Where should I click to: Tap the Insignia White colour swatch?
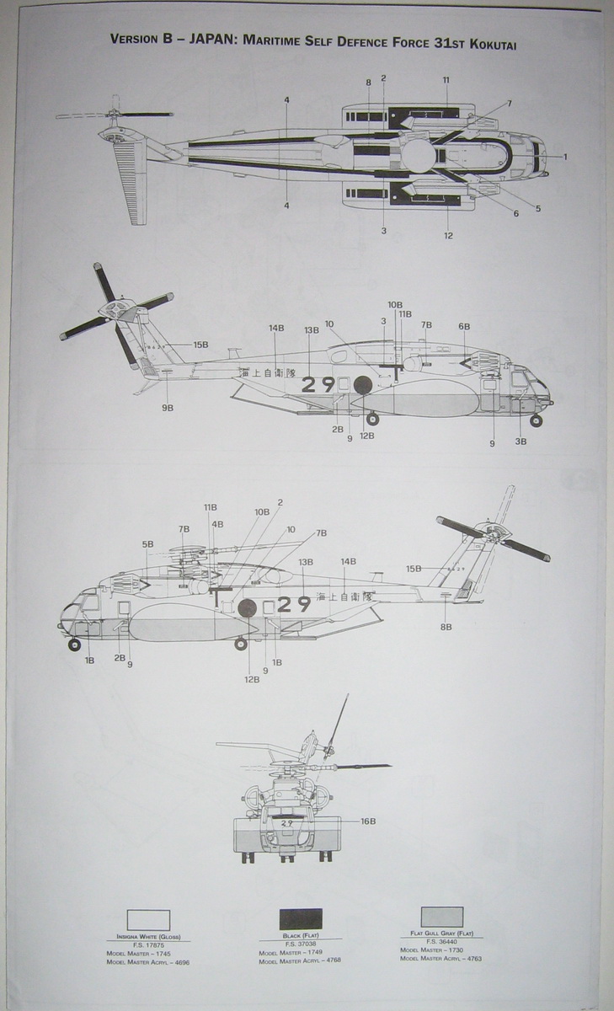pos(148,920)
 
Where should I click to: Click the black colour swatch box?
pos(301,918)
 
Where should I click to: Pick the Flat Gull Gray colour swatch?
pos(441,917)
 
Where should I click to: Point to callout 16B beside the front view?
pos(368,821)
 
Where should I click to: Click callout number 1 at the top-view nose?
pos(565,157)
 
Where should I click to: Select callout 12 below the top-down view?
pos(448,235)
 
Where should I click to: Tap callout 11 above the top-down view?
pos(446,80)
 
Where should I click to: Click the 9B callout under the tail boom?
pos(168,408)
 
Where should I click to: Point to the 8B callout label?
pos(446,627)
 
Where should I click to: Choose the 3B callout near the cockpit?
pos(521,441)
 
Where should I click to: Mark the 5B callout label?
pos(147,544)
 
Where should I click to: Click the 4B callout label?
pos(217,524)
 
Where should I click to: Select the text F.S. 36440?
pos(441,941)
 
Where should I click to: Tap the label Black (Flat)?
pos(301,936)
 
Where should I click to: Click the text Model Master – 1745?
pos(139,953)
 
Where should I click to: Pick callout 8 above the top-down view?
pos(368,82)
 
